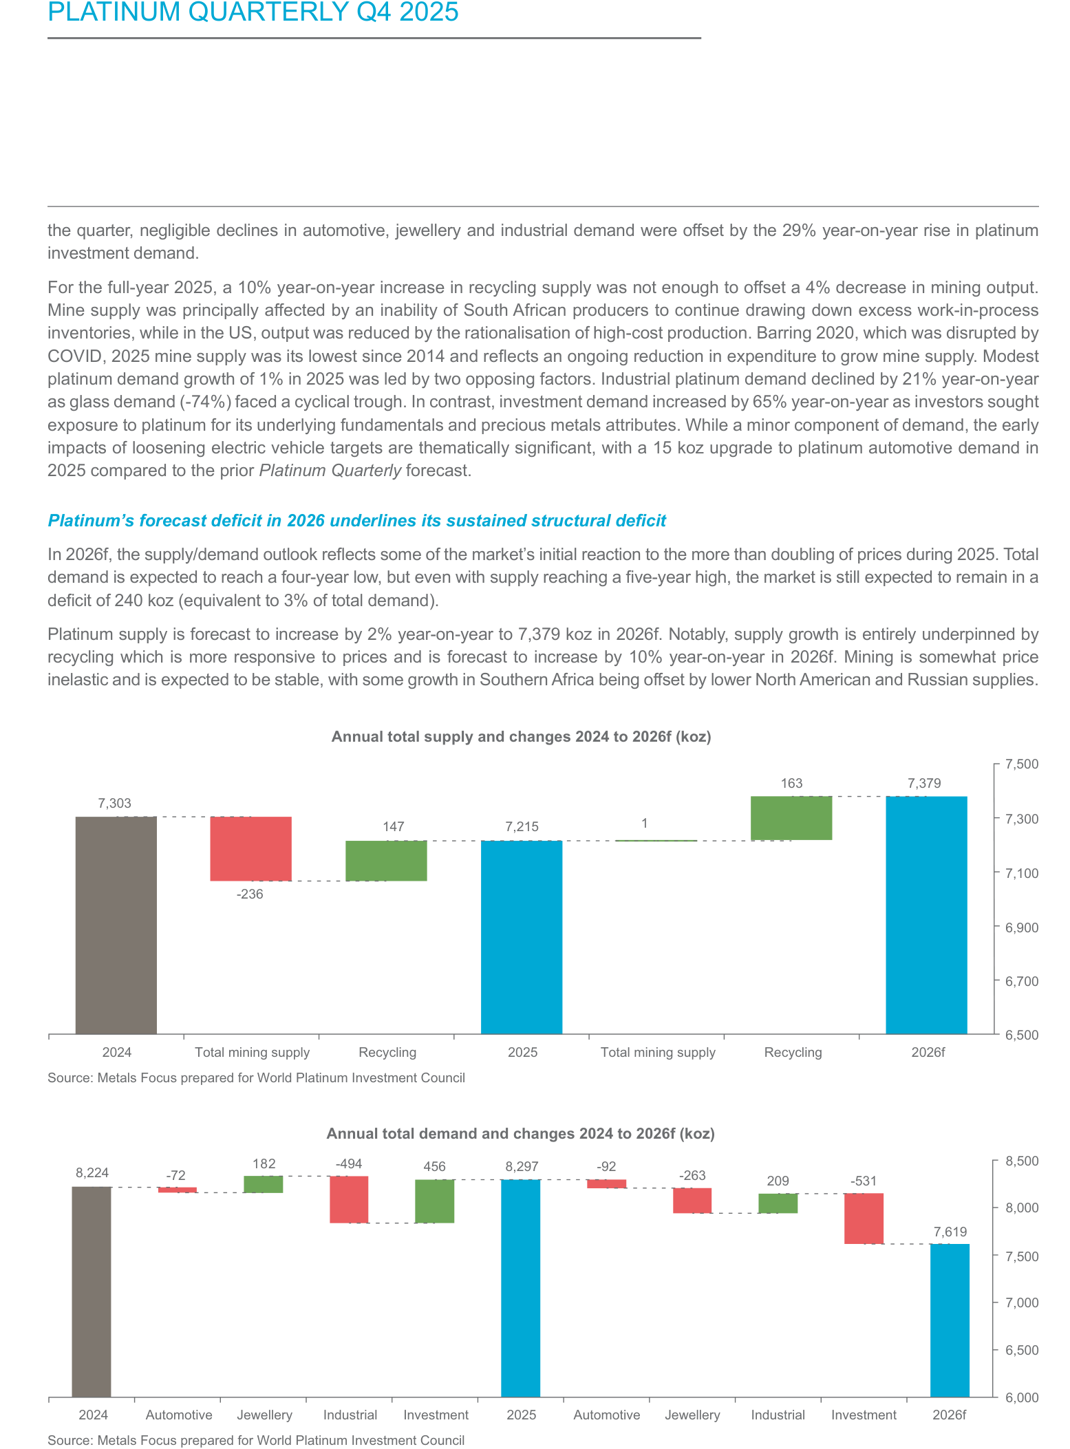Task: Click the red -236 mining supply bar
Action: [x=250, y=848]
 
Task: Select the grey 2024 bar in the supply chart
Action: [x=116, y=925]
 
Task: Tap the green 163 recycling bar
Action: [x=791, y=818]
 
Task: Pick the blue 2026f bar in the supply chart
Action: [x=926, y=914]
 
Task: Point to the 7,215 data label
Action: [x=522, y=826]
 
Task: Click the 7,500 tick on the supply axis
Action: [x=1022, y=764]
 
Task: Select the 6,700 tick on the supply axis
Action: [x=1022, y=980]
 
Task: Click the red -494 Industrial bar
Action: [x=349, y=1199]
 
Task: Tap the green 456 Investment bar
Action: [x=435, y=1201]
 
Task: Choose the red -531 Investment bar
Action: [x=864, y=1219]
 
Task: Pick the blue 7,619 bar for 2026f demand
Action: [x=950, y=1320]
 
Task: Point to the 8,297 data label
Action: [x=522, y=1166]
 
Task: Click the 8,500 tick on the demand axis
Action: [x=1022, y=1161]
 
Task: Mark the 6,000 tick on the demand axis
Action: [x=1022, y=1397]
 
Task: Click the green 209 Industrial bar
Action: [x=778, y=1203]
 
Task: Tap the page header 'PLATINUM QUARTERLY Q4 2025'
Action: [x=253, y=12]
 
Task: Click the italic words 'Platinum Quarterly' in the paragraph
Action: [x=330, y=471]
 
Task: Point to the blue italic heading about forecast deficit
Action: [x=357, y=521]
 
